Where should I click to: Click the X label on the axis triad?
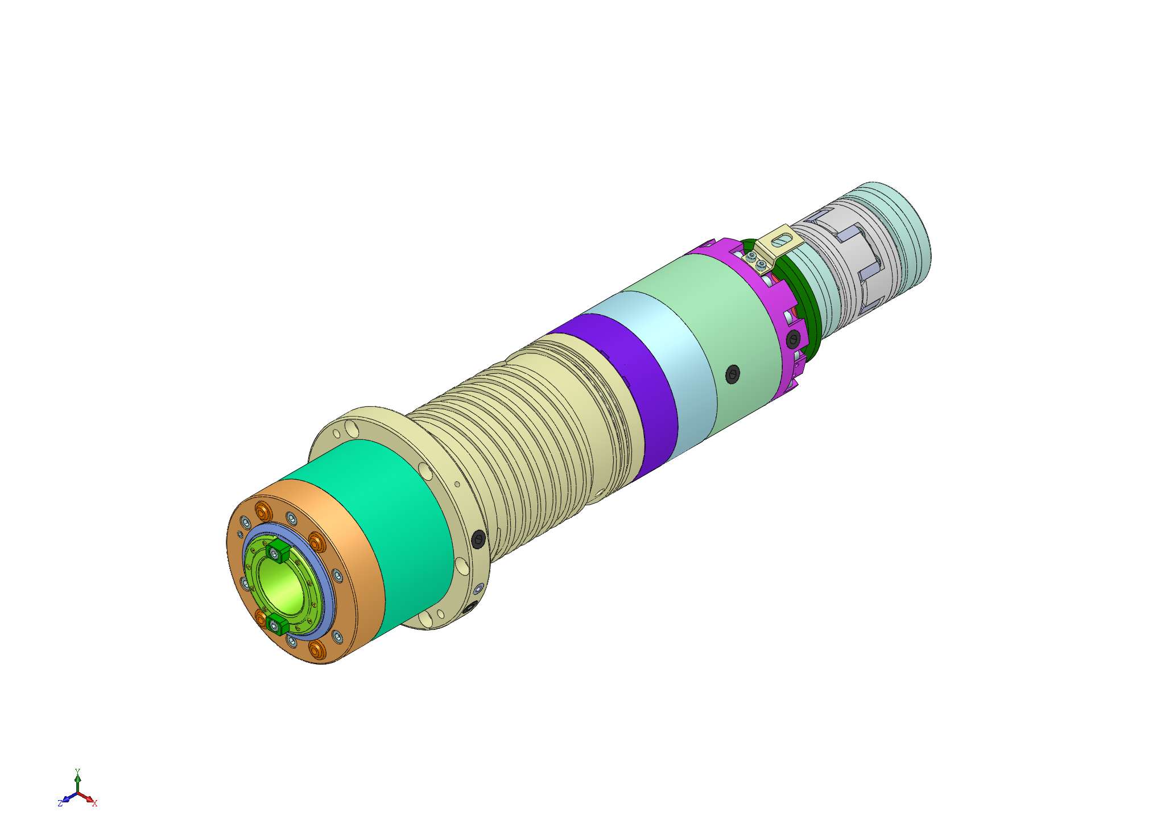(x=95, y=804)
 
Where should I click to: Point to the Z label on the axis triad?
(x=60, y=804)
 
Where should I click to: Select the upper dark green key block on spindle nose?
(x=277, y=550)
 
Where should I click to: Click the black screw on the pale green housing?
(x=733, y=374)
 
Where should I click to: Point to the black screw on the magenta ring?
(x=794, y=341)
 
